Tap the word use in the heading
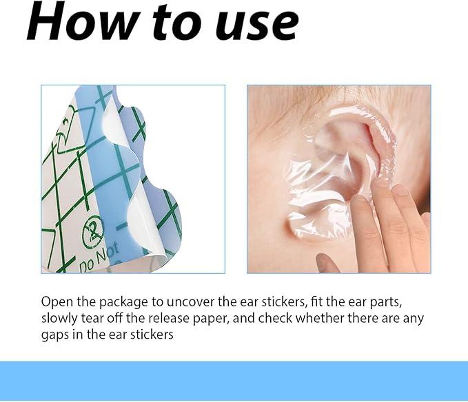click(x=257, y=26)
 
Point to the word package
click(x=123, y=302)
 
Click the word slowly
click(x=59, y=319)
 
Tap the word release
click(x=169, y=318)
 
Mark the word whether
click(x=320, y=318)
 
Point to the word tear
click(x=92, y=319)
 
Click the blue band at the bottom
click(x=234, y=381)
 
